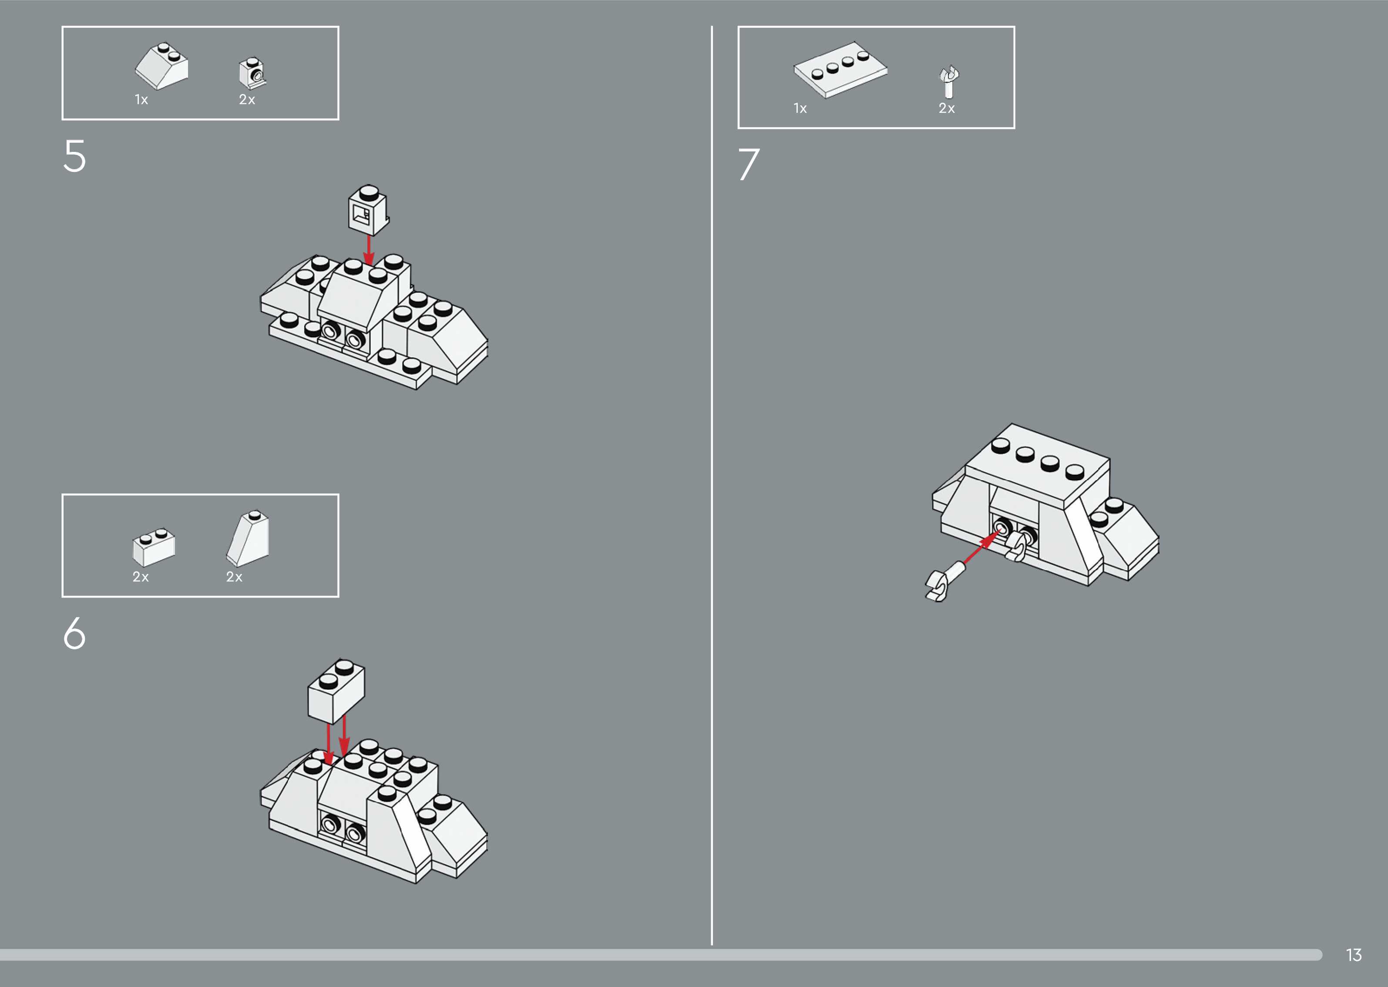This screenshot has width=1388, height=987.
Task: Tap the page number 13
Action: [1354, 955]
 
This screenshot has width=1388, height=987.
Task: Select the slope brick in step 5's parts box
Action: [161, 66]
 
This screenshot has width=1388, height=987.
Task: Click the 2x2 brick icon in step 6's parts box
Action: [154, 547]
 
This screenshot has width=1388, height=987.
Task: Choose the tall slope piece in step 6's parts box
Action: [248, 538]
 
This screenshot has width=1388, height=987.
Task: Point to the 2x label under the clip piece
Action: [947, 108]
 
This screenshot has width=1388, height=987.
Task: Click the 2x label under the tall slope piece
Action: [234, 577]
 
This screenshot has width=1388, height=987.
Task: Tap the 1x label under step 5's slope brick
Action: [141, 100]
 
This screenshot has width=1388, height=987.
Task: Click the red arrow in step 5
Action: [368, 250]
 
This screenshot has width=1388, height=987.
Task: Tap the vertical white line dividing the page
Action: [712, 485]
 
